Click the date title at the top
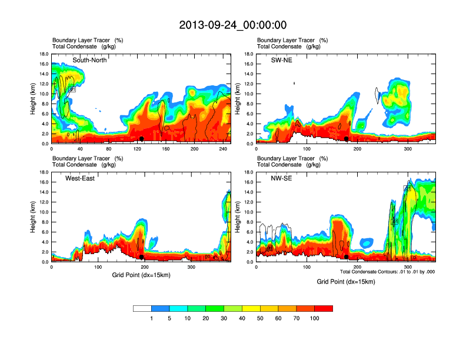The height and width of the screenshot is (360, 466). [233, 25]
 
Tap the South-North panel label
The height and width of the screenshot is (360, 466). [89, 60]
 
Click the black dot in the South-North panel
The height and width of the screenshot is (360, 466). [142, 139]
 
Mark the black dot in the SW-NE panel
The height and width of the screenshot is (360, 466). [347, 139]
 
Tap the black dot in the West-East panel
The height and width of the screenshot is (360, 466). [142, 257]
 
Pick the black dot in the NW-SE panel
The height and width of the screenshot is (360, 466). [347, 257]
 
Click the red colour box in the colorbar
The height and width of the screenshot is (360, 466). [324, 308]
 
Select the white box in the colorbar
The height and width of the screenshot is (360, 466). [142, 308]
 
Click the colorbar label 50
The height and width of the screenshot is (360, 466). [261, 318]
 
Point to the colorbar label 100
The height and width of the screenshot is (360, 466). [315, 318]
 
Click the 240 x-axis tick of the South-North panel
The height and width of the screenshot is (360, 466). [222, 149]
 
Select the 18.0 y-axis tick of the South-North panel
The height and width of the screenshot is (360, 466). [44, 54]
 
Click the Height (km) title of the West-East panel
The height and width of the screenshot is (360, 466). [34, 217]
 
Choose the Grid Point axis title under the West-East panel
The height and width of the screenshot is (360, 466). [141, 275]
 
